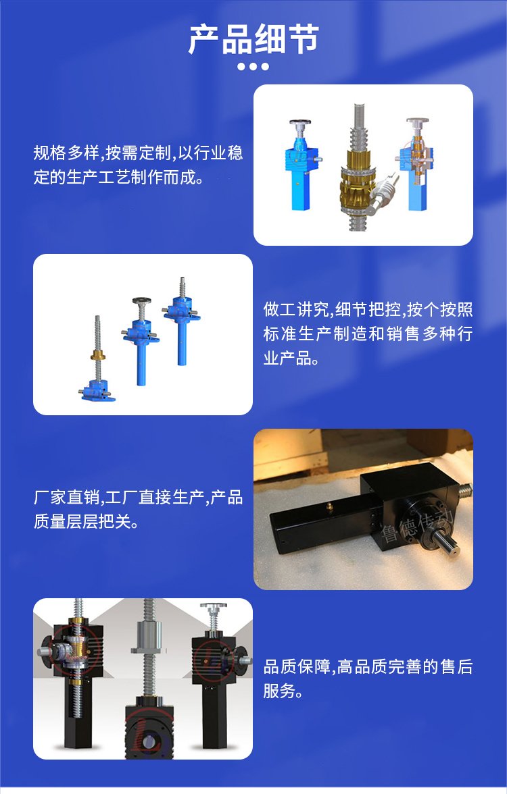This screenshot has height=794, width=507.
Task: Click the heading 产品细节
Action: point(254,39)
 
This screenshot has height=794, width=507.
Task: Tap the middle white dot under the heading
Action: point(253,66)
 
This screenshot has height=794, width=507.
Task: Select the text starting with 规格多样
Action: point(138,165)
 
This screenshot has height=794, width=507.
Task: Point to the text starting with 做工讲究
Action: point(368,334)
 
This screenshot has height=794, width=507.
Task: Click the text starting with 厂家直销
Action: point(138,509)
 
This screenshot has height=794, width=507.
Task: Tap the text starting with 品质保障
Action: point(368,678)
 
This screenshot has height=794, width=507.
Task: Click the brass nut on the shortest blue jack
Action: point(98,354)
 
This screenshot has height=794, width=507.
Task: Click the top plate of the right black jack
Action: point(214,606)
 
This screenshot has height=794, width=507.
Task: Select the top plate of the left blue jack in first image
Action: point(300,122)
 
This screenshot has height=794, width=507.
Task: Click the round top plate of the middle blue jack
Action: point(142,301)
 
